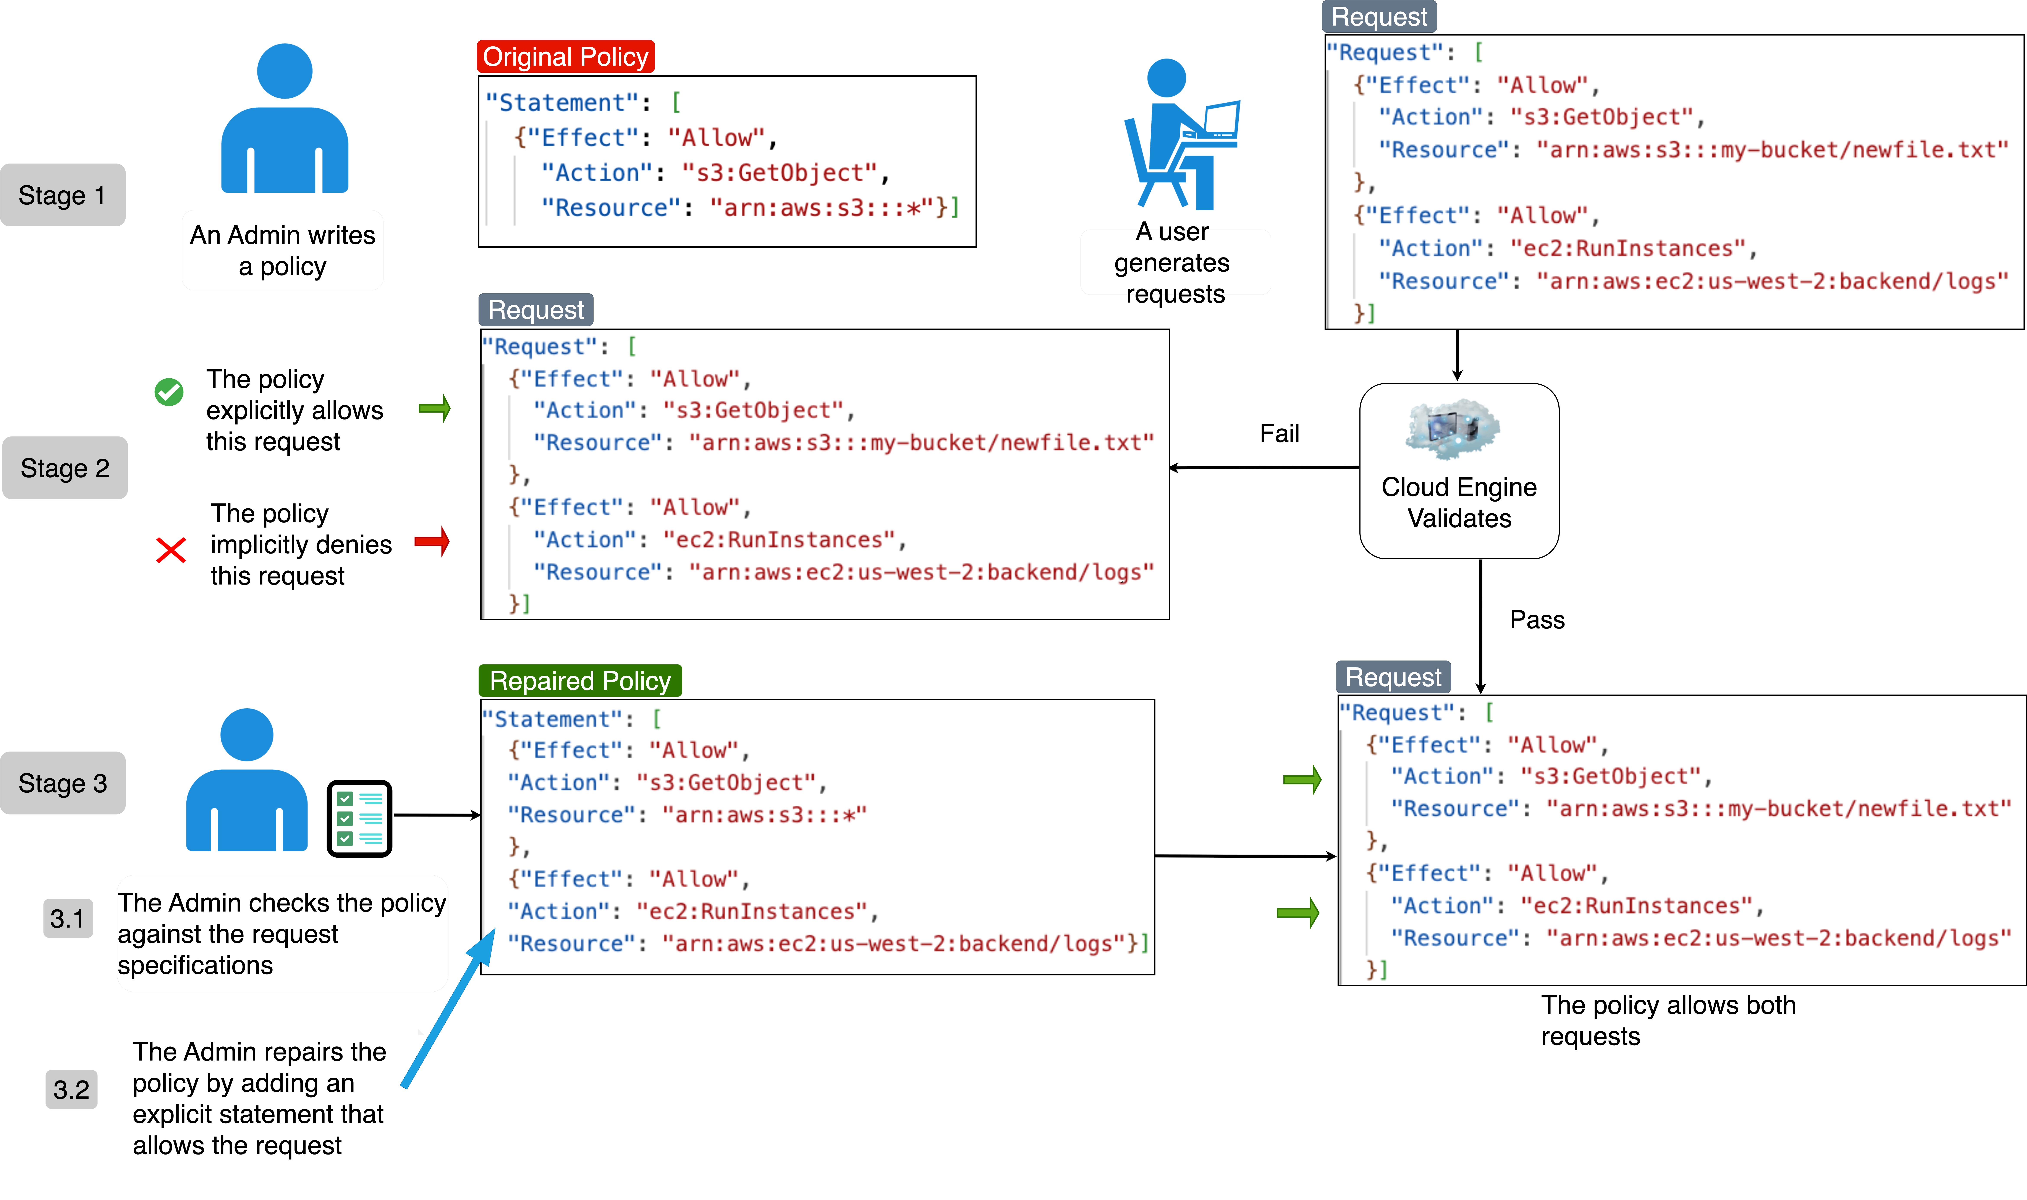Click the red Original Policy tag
click(565, 57)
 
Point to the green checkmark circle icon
click(169, 392)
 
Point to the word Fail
click(1279, 433)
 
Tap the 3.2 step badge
click(71, 1089)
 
